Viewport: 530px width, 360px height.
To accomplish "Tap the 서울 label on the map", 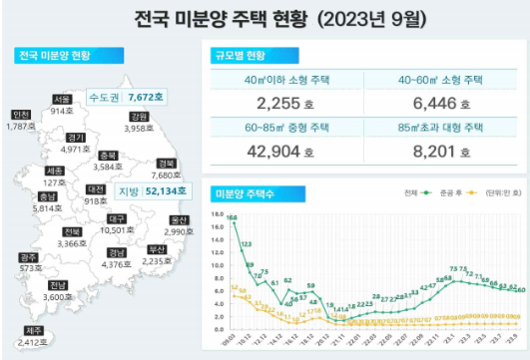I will (62, 99).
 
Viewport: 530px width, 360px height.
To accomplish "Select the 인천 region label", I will (21, 115).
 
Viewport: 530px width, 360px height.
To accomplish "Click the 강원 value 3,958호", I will (131, 129).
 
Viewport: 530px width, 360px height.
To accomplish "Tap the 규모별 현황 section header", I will (243, 57).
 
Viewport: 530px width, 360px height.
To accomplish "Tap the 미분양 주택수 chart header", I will (249, 192).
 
